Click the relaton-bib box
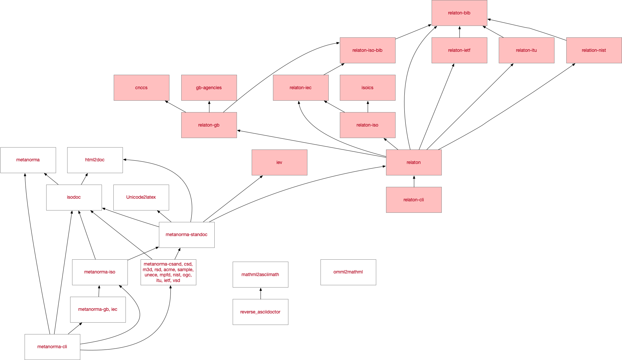click(459, 13)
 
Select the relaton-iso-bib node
click(367, 50)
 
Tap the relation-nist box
click(594, 50)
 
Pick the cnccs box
click(141, 88)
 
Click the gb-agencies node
click(209, 88)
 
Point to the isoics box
click(367, 88)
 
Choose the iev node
click(279, 162)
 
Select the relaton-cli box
click(414, 200)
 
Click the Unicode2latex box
click(141, 197)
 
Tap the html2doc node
click(95, 160)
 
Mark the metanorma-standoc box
click(186, 235)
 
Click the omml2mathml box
click(348, 272)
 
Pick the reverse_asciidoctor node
click(260, 312)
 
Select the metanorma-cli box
click(52, 347)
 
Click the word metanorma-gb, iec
click(98, 309)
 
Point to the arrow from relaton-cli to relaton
click(414, 181)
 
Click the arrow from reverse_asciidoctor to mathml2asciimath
click(261, 293)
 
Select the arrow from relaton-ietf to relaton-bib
click(459, 32)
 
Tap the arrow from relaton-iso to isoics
click(368, 107)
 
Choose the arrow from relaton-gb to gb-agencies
click(209, 107)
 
